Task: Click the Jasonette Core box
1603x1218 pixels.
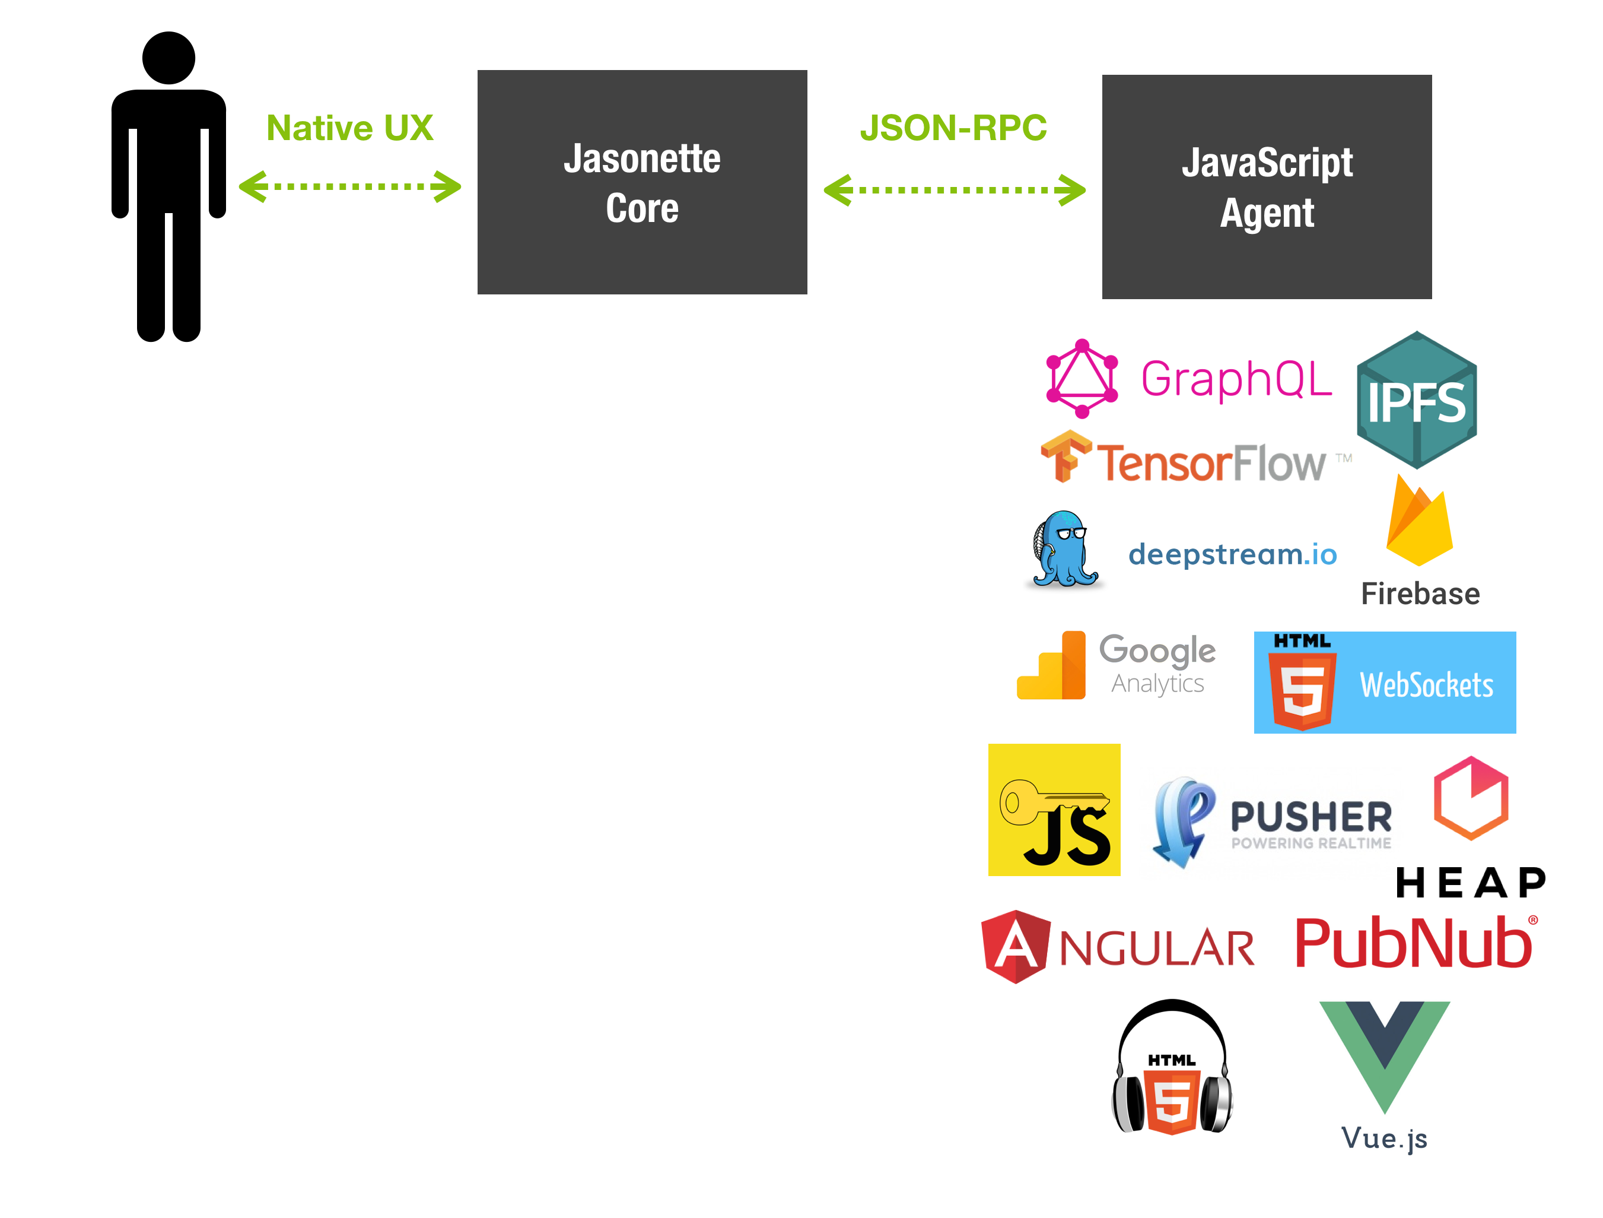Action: (642, 182)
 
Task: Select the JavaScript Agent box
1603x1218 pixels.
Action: (1266, 186)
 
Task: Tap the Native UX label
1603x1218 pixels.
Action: (349, 128)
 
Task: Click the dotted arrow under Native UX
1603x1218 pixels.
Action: (349, 186)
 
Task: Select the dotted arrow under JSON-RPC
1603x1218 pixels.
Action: (954, 190)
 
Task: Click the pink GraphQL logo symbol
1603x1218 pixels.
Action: (1082, 379)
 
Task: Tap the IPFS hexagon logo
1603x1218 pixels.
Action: (1417, 400)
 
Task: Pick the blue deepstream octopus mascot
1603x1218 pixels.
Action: (1064, 549)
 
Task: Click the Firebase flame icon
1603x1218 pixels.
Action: (1419, 522)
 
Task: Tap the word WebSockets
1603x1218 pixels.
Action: (1426, 685)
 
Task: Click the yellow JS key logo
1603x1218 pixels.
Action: (1054, 810)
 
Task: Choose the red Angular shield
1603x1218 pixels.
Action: (1015, 946)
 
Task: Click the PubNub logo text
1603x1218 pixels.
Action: (1414, 943)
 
